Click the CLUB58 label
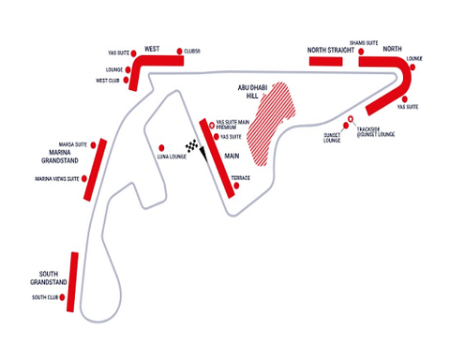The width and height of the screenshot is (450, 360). (x=193, y=51)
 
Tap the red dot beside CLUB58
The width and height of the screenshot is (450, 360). (x=179, y=51)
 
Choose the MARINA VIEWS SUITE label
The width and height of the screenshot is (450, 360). (x=56, y=178)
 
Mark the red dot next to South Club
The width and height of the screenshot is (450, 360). (x=67, y=298)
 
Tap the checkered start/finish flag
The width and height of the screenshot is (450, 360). (x=193, y=146)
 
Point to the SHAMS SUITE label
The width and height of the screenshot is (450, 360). (x=364, y=43)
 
